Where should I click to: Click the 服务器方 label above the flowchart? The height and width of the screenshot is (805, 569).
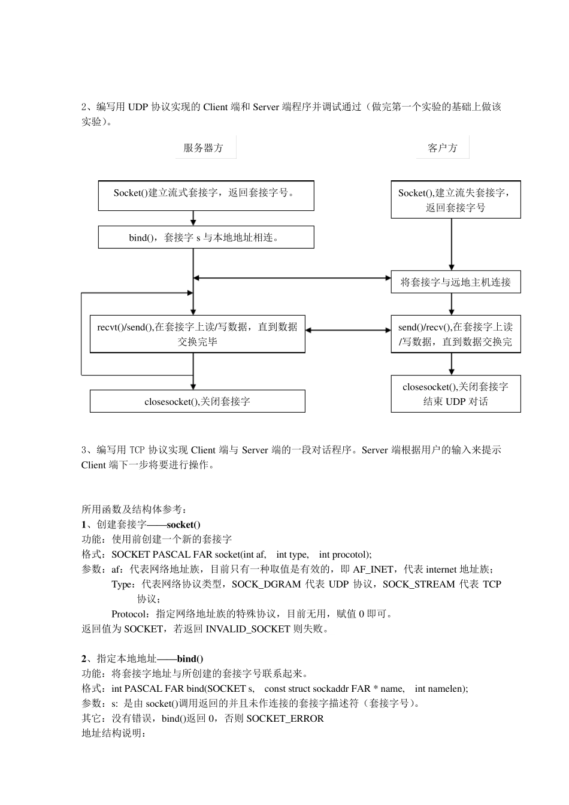(x=204, y=148)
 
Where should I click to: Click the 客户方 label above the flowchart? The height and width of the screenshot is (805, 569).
(x=443, y=148)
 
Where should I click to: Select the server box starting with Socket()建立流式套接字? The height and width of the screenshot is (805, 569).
(x=205, y=195)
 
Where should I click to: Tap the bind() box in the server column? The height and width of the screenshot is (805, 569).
(x=205, y=237)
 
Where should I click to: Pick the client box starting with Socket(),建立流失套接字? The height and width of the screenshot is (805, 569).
(x=455, y=199)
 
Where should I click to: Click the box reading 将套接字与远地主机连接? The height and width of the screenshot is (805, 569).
(x=455, y=282)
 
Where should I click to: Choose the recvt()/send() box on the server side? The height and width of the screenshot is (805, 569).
(x=197, y=334)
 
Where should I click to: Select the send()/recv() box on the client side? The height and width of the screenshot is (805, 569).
(x=455, y=334)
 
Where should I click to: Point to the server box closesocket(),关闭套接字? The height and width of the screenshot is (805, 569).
(x=197, y=401)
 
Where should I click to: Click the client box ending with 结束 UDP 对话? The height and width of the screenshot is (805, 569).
(x=455, y=394)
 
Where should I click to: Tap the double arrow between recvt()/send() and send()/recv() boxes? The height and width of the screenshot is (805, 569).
(x=348, y=330)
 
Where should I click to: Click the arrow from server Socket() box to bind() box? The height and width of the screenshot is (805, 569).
(x=193, y=218)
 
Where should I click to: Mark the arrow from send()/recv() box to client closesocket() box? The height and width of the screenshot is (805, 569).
(x=452, y=364)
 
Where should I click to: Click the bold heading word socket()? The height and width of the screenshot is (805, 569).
(x=183, y=525)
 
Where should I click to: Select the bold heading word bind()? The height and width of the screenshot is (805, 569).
(x=190, y=659)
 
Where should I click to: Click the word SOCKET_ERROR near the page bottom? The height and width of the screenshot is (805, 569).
(x=285, y=718)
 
